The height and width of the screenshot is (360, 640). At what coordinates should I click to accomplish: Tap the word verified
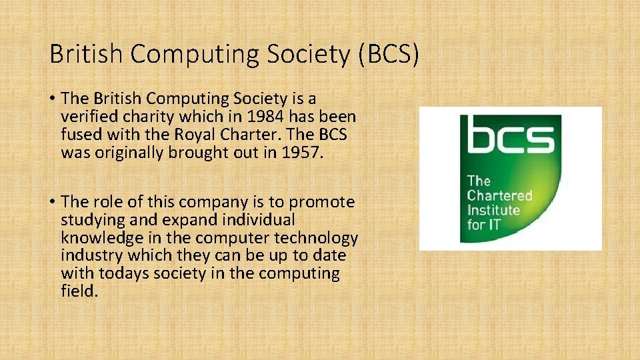click(88, 117)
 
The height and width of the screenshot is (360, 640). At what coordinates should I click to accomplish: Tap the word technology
click(321, 238)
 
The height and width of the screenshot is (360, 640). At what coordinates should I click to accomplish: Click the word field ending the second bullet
click(79, 291)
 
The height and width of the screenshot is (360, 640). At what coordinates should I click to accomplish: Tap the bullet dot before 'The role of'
click(52, 202)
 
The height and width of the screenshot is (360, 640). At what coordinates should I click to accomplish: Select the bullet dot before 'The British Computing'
click(52, 99)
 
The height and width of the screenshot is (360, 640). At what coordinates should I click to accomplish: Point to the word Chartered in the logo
click(499, 195)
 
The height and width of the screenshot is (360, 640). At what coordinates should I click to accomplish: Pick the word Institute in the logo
click(493, 210)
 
